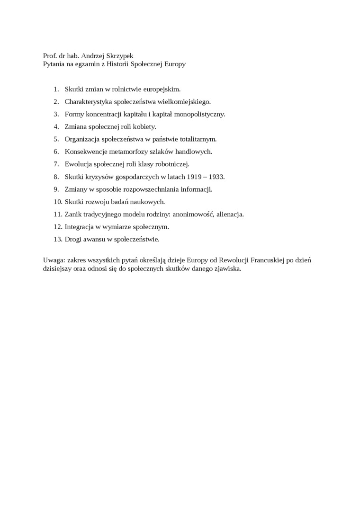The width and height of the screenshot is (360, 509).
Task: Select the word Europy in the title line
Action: coord(175,64)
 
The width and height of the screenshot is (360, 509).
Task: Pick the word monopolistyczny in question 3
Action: coord(199,114)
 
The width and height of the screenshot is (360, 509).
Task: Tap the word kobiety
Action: coord(144,126)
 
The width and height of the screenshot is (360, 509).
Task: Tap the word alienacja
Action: coord(230,214)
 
